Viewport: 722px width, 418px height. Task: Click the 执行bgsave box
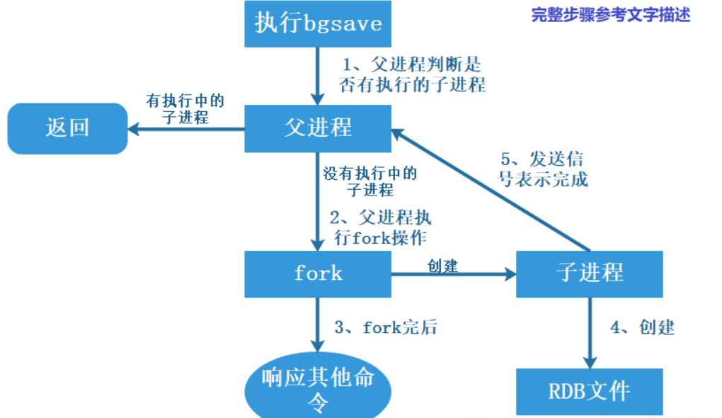coord(318,23)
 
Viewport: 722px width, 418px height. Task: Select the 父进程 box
coord(318,128)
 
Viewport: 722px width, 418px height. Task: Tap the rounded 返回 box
coord(67,128)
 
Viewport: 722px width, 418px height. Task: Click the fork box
coord(318,273)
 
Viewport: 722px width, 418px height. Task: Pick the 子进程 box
coord(590,273)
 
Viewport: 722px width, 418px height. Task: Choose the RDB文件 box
coord(590,391)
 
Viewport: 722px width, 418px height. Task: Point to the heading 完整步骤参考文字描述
coord(610,15)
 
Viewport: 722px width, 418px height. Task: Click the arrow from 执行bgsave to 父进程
coord(318,75)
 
